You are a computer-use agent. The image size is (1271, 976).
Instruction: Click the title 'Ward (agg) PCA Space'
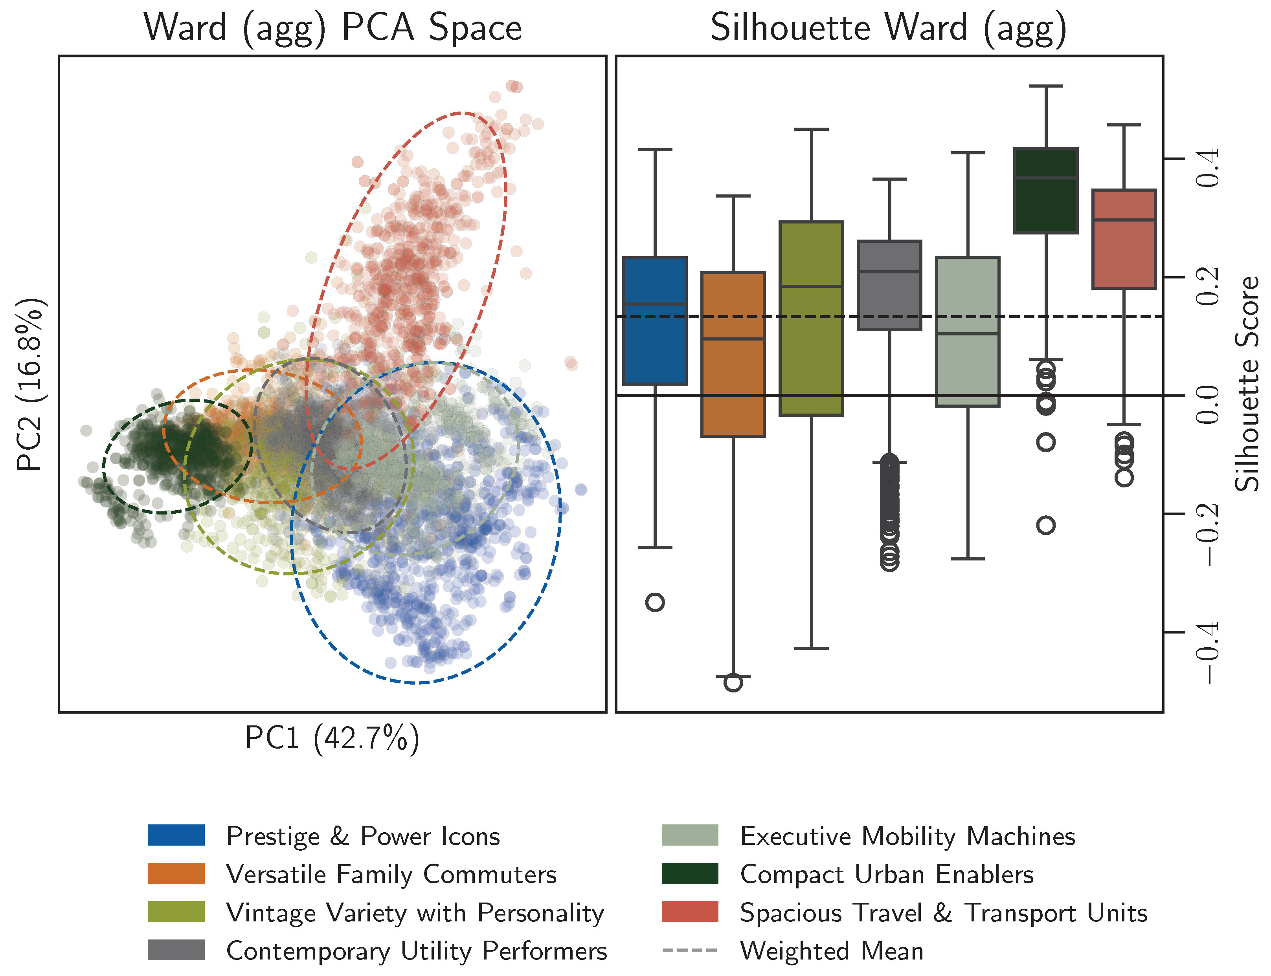pyautogui.click(x=332, y=28)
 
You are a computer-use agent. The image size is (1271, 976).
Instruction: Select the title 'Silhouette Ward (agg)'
pyautogui.click(x=888, y=28)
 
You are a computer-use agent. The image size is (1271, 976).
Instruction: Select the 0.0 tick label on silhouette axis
pyautogui.click(x=1208, y=405)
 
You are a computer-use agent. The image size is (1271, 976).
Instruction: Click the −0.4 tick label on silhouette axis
pyautogui.click(x=1208, y=652)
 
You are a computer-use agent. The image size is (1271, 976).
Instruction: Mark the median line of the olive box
pyautogui.click(x=811, y=286)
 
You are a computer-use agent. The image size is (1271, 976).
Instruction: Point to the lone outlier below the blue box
pyautogui.click(x=655, y=602)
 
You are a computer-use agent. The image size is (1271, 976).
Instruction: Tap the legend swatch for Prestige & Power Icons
pyautogui.click(x=176, y=835)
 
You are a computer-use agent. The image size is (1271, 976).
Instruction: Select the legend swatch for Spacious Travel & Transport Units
pyautogui.click(x=690, y=912)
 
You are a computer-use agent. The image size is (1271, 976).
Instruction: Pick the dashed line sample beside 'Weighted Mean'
pyautogui.click(x=690, y=950)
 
